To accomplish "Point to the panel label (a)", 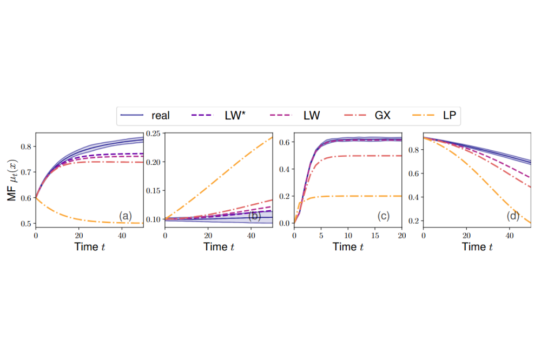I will [x=125, y=217].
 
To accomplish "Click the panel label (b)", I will [x=254, y=217].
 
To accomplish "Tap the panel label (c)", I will [x=384, y=217].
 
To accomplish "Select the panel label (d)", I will [x=513, y=217].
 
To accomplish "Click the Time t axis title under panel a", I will [x=89, y=247].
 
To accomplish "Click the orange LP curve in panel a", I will [x=81, y=219].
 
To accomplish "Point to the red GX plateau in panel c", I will [x=368, y=156].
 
